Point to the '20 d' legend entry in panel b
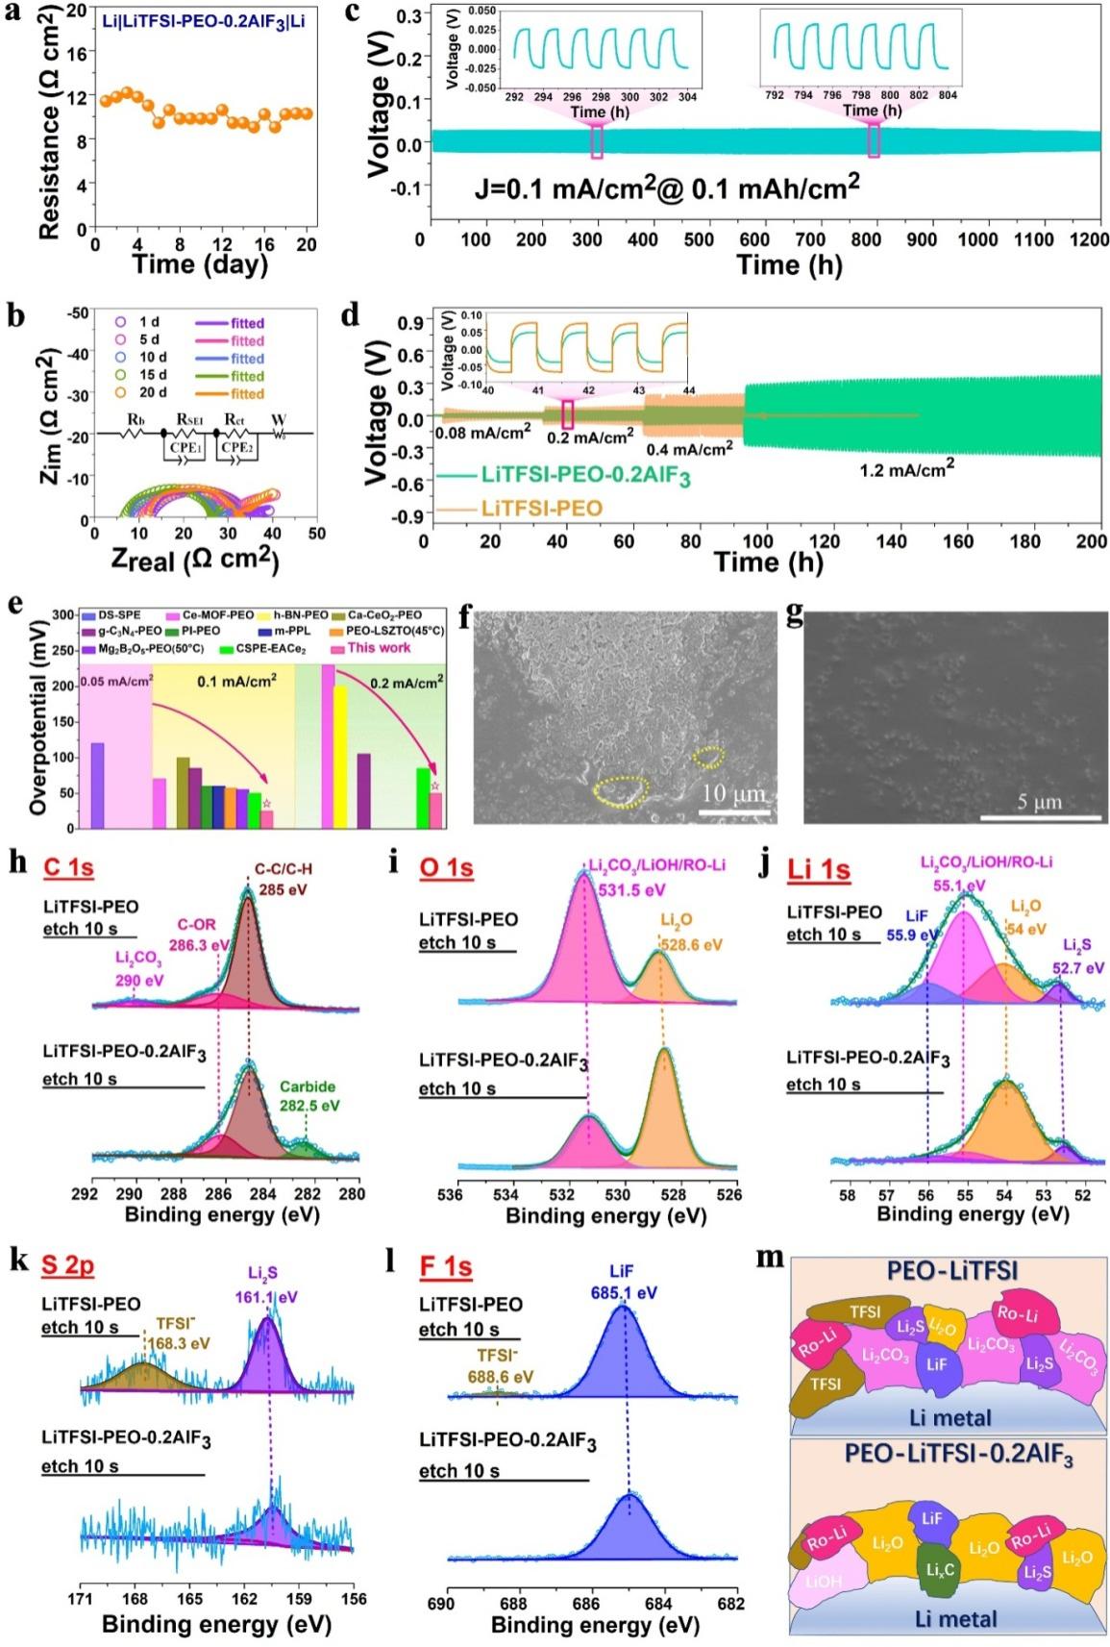pyautogui.click(x=153, y=393)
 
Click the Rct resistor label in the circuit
pyautogui.click(x=234, y=420)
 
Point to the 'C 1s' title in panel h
pyautogui.click(x=68, y=867)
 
